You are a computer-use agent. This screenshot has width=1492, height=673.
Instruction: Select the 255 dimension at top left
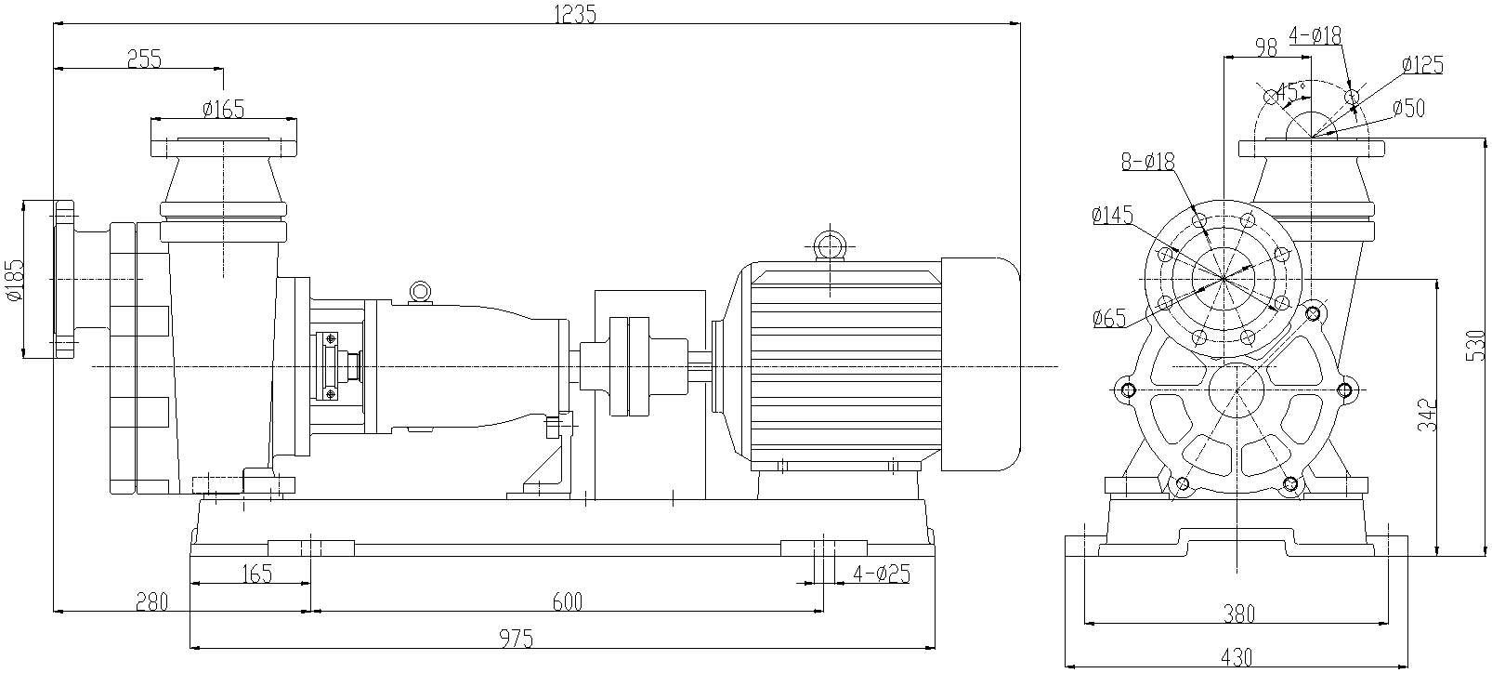144,59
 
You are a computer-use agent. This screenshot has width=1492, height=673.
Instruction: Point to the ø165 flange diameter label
223,109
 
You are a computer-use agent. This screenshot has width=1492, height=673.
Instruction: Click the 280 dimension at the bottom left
151,602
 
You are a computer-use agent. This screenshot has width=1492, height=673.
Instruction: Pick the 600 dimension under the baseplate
567,602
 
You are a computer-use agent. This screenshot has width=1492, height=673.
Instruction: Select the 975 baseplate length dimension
516,639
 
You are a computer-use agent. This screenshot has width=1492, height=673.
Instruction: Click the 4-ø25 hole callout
879,574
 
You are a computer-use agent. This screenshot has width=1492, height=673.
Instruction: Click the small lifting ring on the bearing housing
420,292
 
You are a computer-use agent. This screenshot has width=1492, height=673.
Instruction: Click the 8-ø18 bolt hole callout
1148,162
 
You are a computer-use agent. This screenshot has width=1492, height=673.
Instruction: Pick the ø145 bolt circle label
1113,216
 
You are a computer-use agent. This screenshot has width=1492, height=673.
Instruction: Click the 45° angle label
1290,91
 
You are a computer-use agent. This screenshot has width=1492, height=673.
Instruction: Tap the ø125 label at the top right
1421,65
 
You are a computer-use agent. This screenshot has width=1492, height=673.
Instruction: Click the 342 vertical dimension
1429,415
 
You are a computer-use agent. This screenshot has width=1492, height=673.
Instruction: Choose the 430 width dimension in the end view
1236,656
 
